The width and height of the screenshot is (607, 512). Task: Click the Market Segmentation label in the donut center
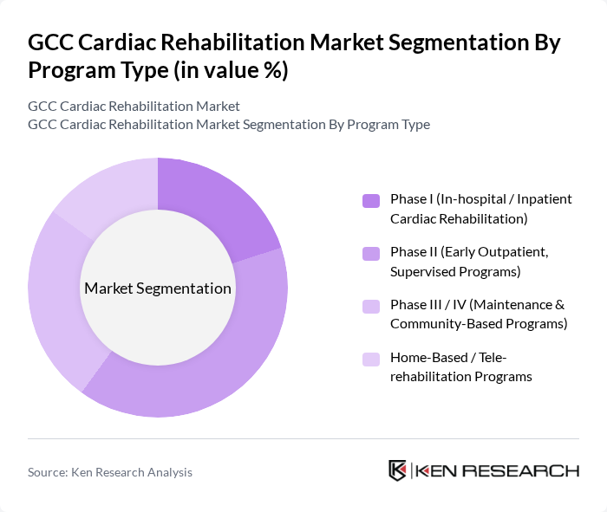pos(158,288)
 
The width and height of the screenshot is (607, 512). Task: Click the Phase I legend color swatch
pos(371,201)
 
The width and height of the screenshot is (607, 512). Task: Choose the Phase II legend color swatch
pos(371,254)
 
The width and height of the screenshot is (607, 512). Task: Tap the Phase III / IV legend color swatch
pos(371,307)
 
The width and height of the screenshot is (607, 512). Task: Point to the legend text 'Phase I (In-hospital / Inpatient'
pos(480,199)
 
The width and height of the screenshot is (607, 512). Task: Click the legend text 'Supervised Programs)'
pos(454,272)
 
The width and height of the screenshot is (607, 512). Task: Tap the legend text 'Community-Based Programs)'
pos(478,324)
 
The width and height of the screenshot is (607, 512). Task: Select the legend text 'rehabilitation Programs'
pos(460,377)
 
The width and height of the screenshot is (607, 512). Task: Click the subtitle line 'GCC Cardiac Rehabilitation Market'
pos(134,107)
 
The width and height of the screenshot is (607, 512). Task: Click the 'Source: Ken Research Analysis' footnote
pos(110,472)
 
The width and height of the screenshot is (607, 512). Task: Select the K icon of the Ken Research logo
pos(398,470)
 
